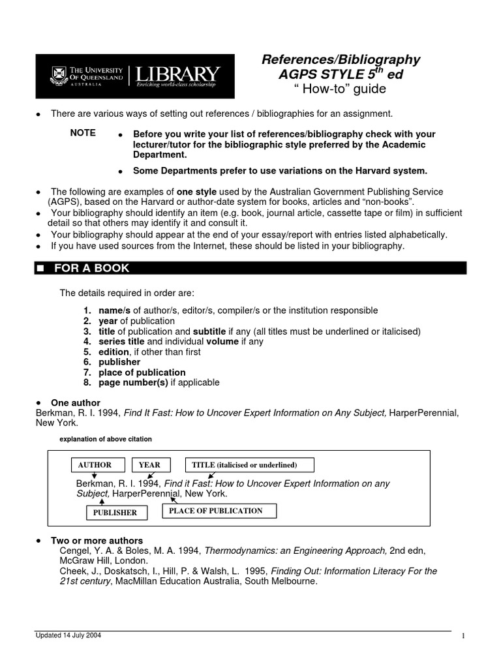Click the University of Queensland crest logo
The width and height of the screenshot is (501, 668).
click(x=55, y=76)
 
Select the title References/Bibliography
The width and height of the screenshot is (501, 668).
click(x=341, y=60)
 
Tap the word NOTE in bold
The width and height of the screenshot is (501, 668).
click(x=83, y=133)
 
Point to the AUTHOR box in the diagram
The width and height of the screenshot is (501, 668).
click(x=95, y=465)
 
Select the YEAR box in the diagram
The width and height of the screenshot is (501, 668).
click(x=149, y=465)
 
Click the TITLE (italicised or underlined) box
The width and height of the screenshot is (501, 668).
click(x=250, y=465)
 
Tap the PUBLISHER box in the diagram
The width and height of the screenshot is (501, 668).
click(x=115, y=513)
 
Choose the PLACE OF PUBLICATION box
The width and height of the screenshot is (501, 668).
click(x=215, y=511)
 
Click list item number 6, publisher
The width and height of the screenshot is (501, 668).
click(x=119, y=362)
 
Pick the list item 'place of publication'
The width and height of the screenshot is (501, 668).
click(x=142, y=372)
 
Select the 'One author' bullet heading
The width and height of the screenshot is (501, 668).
click(x=76, y=403)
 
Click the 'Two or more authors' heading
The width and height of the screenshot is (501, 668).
click(x=97, y=541)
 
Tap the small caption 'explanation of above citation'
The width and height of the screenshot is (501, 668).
click(x=106, y=439)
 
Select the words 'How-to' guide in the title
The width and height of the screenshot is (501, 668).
click(x=341, y=89)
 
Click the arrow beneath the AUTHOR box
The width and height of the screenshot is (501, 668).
click(x=95, y=476)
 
